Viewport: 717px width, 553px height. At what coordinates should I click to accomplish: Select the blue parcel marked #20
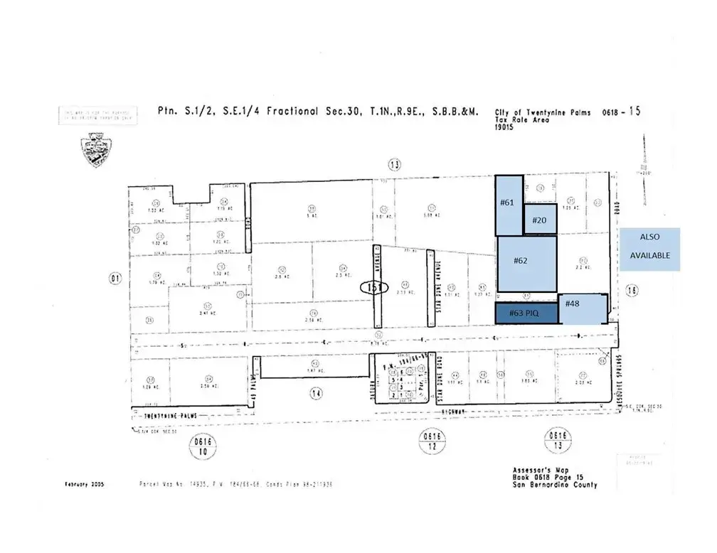[540, 219]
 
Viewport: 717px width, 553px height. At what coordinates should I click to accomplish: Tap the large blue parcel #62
[526, 262]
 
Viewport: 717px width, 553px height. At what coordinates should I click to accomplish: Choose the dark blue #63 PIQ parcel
[526, 312]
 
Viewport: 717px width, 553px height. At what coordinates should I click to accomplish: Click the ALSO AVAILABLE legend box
[650, 249]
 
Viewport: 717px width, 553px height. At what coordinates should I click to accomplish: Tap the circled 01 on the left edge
[114, 279]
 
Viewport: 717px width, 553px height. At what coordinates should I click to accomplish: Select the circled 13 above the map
[395, 165]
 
